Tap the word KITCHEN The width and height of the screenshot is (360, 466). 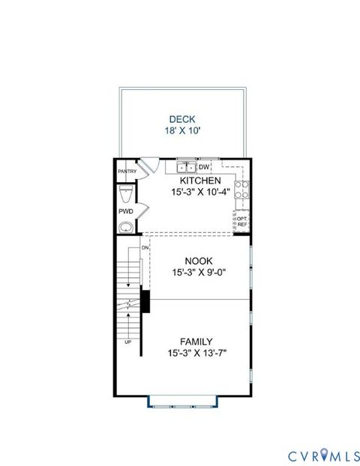(199, 181)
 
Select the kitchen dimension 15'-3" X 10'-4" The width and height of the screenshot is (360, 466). (199, 193)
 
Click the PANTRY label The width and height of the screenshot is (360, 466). (127, 172)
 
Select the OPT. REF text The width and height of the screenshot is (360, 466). (241, 222)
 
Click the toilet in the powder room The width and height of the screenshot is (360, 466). (125, 196)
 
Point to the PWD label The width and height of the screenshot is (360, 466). (125, 212)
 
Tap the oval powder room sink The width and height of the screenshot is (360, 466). (126, 226)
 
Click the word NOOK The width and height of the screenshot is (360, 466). (199, 261)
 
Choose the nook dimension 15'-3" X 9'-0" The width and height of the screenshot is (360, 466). (199, 273)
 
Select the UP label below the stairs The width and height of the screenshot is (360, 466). (128, 342)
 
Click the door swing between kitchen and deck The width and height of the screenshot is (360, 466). (150, 166)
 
